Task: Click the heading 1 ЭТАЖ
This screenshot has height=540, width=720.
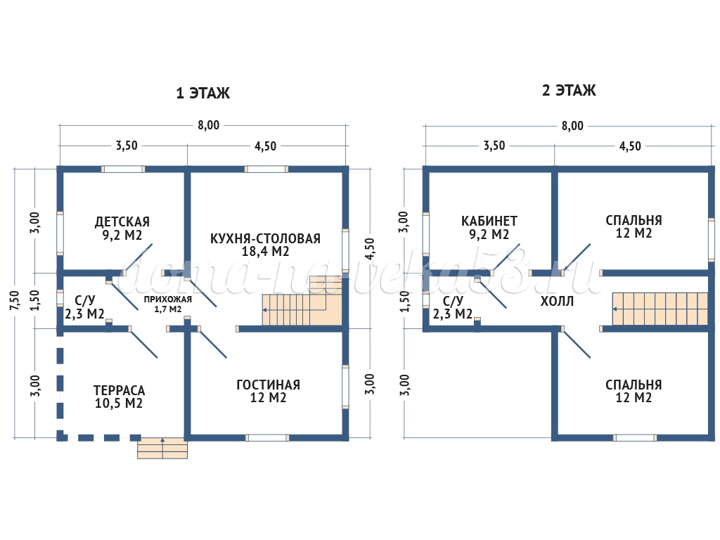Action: pos(202,93)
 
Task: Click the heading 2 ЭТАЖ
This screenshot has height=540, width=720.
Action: pos(568,91)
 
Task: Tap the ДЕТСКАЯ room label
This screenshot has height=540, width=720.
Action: pos(122,221)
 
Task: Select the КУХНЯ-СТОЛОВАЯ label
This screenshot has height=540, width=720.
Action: pos(265,238)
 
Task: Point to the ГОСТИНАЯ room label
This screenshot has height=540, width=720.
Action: pos(268,385)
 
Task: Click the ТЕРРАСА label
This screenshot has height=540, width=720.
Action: pos(119,390)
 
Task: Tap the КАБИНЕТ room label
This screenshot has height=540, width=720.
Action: pos(489,220)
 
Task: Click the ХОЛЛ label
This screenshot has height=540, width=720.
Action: pos(557,302)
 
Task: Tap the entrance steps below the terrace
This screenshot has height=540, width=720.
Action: pos(162,448)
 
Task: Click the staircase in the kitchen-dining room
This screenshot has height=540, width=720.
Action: pos(302,307)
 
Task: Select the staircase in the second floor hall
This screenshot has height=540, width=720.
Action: pos(659,309)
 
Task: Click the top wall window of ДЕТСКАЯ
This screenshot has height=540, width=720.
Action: pos(123,169)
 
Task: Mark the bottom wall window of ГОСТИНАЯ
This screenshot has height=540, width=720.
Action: pos(267,437)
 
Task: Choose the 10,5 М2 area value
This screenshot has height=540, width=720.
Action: pos(119,403)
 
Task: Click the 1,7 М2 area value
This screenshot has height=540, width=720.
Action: pos(168,309)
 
